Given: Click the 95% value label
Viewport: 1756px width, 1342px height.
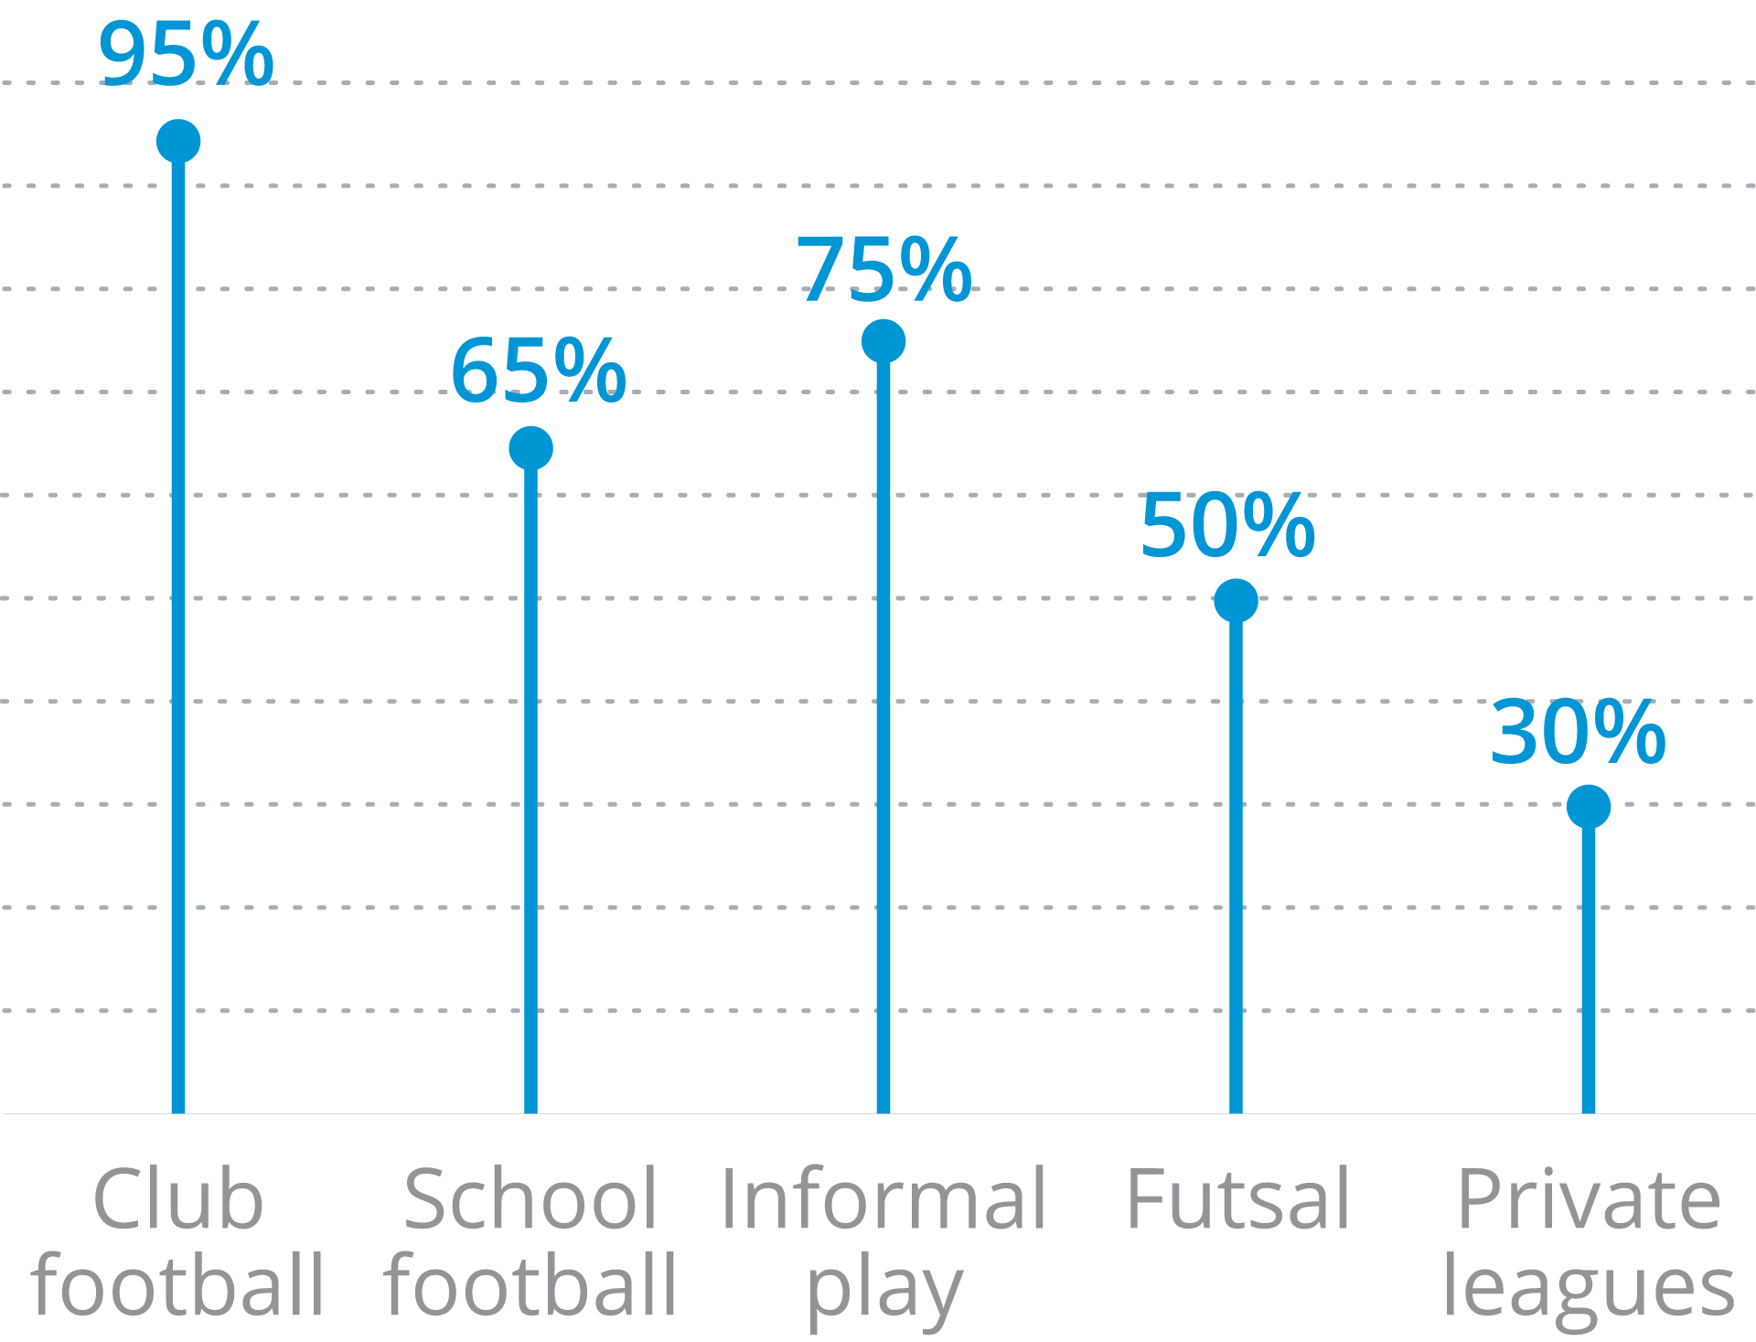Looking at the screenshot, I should pos(186,55).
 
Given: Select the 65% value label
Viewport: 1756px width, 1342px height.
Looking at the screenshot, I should pos(538,370).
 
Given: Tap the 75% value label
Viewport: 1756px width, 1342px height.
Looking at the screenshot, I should pos(883,269).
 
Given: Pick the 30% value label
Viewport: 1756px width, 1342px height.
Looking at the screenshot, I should pos(1578,732).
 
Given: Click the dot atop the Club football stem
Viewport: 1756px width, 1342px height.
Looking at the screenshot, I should pos(178,142).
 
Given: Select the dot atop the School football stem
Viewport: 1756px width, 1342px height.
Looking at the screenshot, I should pos(530,448).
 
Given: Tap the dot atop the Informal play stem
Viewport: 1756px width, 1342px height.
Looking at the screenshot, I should pos(883,341).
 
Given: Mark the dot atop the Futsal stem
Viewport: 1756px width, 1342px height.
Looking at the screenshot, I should pos(1236,601).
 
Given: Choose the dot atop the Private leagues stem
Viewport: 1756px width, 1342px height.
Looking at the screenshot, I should pos(1589,807).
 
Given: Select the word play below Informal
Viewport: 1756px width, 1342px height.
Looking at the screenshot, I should pos(883,1290).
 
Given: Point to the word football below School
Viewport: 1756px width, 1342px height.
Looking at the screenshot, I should pos(530,1285).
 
